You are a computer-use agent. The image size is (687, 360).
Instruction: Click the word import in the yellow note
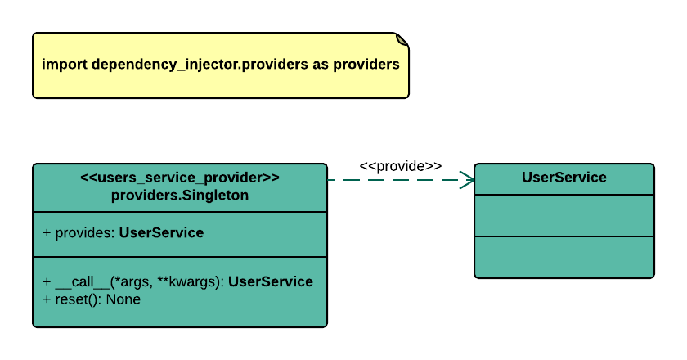[x=65, y=65]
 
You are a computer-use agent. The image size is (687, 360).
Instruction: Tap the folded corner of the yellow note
[x=402, y=39]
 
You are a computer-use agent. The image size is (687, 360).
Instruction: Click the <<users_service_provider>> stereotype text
[x=180, y=178]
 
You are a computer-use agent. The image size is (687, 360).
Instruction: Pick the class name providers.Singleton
[x=180, y=196]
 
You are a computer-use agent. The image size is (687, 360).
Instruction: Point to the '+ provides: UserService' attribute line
[x=123, y=233]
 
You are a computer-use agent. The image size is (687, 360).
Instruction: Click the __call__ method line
[x=177, y=282]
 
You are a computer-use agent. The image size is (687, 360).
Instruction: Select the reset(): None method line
[x=92, y=299]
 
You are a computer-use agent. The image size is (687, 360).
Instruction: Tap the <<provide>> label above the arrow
[x=401, y=166]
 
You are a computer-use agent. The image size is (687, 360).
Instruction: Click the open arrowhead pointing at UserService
[x=468, y=180]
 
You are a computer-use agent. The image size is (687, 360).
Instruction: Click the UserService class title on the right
[x=564, y=178]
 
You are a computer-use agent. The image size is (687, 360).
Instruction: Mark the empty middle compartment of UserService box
[x=564, y=215]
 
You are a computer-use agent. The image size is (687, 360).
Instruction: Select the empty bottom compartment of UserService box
[x=564, y=257]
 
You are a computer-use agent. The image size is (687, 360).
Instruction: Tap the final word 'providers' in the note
[x=366, y=65]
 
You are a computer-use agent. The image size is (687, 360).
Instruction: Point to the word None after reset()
[x=123, y=299]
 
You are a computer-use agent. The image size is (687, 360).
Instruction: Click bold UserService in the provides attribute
[x=161, y=233]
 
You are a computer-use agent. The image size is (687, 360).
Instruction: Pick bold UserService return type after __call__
[x=271, y=282]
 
